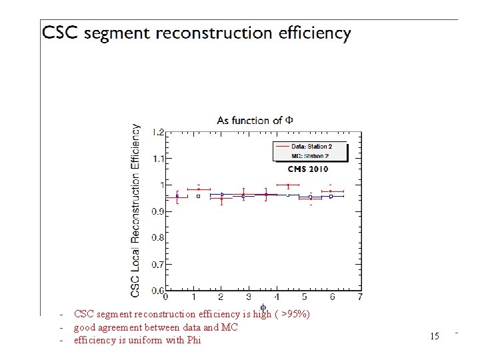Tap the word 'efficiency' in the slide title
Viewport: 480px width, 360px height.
311,33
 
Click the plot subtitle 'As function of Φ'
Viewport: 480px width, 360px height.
255,120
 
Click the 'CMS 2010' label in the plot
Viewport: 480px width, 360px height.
308,169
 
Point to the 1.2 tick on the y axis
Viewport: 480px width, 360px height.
157,132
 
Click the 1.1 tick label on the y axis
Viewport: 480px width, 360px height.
157,159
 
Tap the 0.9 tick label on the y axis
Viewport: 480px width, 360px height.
157,211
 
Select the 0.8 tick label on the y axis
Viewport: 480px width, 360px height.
157,238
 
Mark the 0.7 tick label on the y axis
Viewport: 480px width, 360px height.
157,265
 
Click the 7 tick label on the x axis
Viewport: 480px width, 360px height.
360,297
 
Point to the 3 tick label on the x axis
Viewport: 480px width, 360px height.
249,297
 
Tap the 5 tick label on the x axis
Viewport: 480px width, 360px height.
305,297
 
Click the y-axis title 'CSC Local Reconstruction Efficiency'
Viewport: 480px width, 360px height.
136,210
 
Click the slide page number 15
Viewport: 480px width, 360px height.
435,336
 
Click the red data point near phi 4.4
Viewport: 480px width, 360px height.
288,185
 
